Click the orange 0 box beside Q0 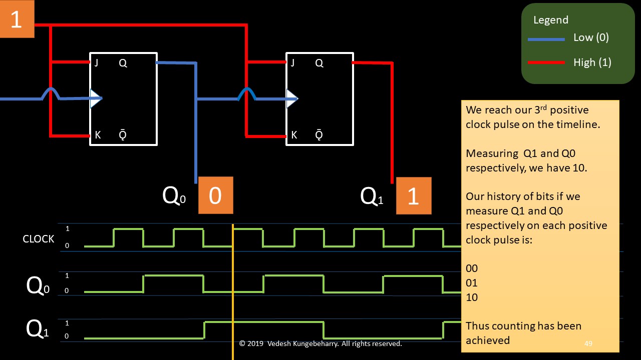[x=215, y=195]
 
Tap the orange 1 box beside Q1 [x=413, y=195]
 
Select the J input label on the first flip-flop [x=96, y=63]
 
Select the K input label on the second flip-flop [x=294, y=135]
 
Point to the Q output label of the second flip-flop [x=319, y=63]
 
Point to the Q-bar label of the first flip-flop [x=123, y=135]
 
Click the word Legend [x=551, y=20]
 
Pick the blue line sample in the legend [x=546, y=39]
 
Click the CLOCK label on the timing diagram [x=39, y=239]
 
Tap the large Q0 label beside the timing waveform [x=38, y=286]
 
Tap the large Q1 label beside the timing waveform [x=38, y=329]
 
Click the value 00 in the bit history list [x=472, y=268]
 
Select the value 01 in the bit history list [x=472, y=283]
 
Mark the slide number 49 [x=588, y=343]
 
